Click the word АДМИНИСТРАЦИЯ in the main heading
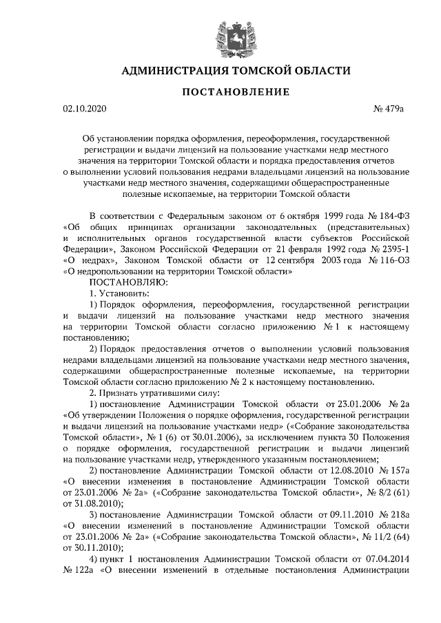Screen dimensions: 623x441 (x=171, y=70)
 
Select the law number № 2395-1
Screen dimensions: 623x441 (x=386, y=250)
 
